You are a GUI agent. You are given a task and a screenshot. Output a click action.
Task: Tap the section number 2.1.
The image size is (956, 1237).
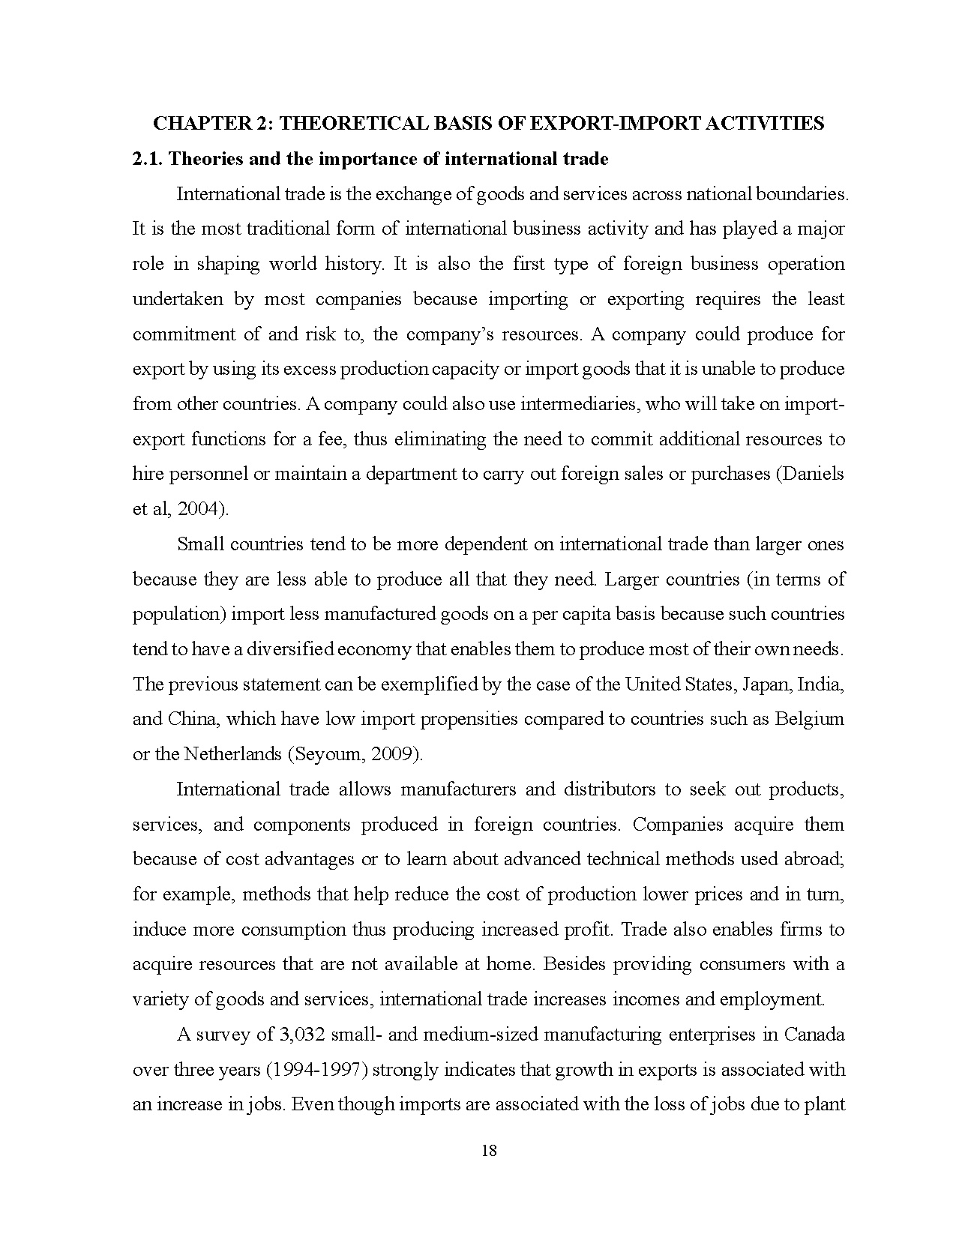tap(148, 158)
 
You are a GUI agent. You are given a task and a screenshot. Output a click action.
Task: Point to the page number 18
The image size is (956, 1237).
tap(488, 1151)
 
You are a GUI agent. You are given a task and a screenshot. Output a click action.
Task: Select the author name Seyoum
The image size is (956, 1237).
tap(334, 754)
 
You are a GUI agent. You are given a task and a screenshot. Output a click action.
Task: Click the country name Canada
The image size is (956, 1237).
tap(814, 1035)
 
